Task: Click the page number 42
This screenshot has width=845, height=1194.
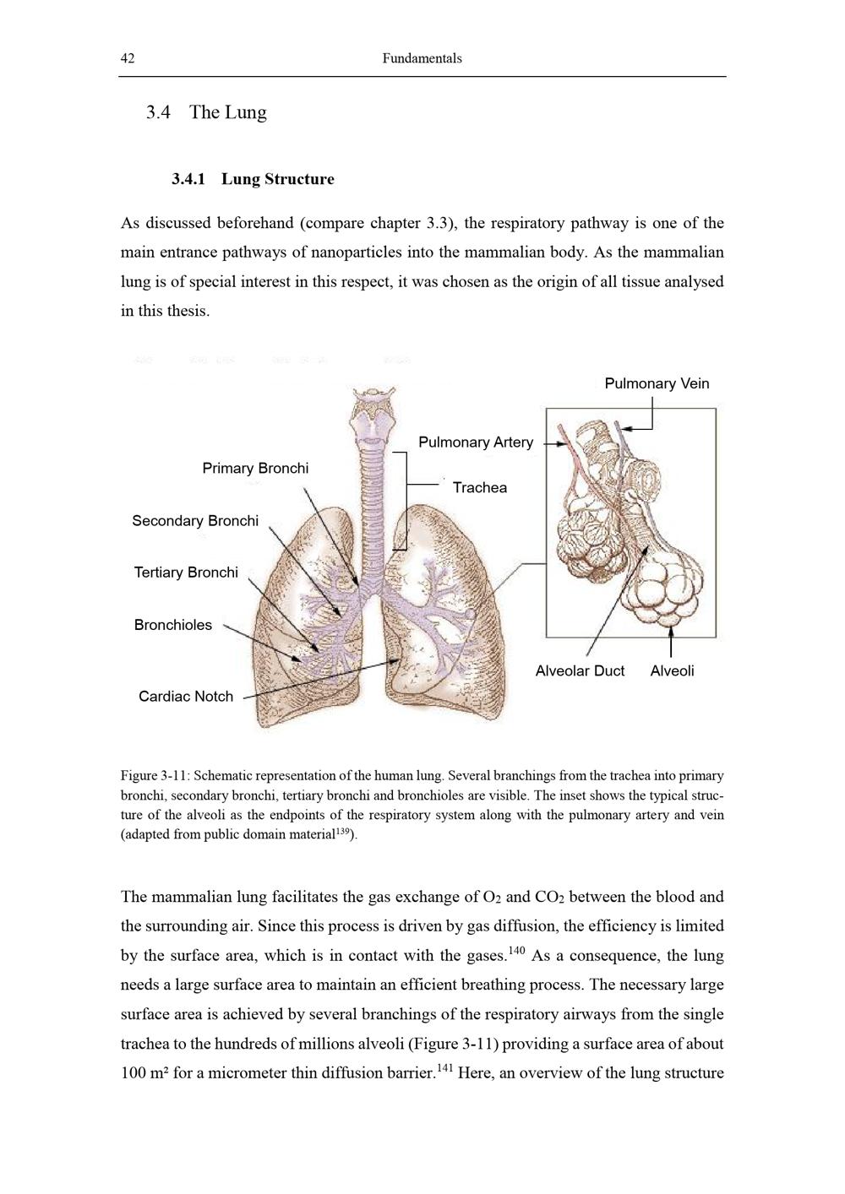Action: pyautogui.click(x=128, y=58)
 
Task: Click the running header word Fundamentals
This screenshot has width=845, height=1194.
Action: pyautogui.click(x=422, y=58)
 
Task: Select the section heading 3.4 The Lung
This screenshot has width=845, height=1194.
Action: pyautogui.click(x=206, y=112)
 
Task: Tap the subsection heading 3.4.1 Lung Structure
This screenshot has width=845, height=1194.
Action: pyautogui.click(x=253, y=179)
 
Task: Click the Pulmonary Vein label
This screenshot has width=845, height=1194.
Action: pyautogui.click(x=657, y=383)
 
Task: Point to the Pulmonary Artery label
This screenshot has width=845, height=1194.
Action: pyautogui.click(x=476, y=442)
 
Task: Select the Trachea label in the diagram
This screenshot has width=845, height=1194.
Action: pyautogui.click(x=479, y=487)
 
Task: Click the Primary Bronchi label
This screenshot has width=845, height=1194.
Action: pyautogui.click(x=255, y=468)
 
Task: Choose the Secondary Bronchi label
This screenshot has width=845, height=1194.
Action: pyautogui.click(x=195, y=520)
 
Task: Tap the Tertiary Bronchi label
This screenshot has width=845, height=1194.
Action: pyautogui.click(x=186, y=573)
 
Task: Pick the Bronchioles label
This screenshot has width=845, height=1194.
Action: pyautogui.click(x=173, y=625)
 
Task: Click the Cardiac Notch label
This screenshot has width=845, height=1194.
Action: pyautogui.click(x=186, y=697)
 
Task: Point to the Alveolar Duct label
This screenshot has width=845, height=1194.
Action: pyautogui.click(x=580, y=670)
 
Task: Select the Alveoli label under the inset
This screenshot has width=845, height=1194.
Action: pyautogui.click(x=672, y=670)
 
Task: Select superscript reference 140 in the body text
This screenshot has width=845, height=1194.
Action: pyautogui.click(x=516, y=952)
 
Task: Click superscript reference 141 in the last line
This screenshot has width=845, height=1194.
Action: pyautogui.click(x=444, y=1069)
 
